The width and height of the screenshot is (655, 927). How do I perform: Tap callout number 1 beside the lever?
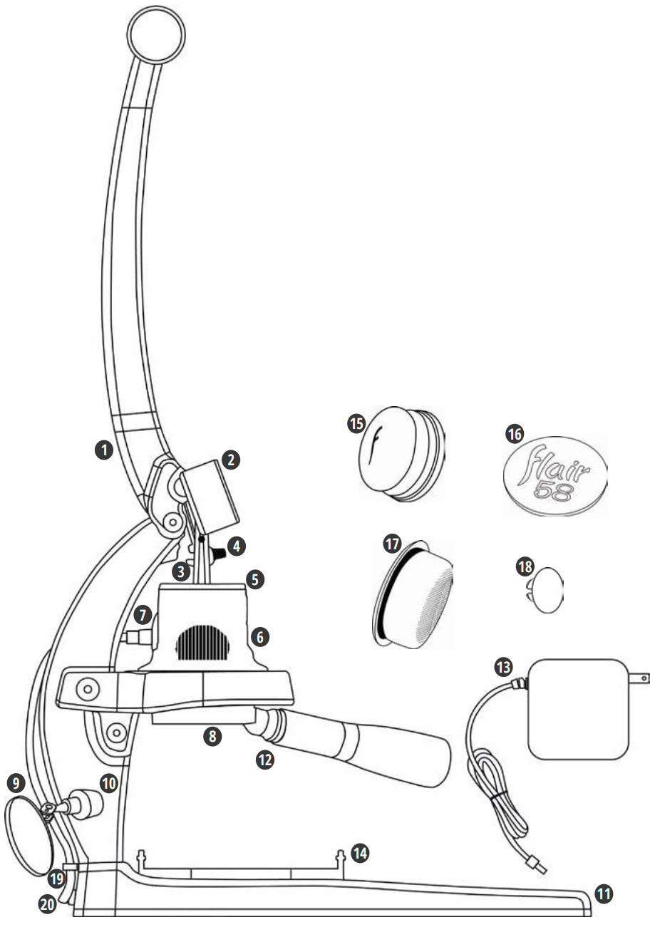click(104, 450)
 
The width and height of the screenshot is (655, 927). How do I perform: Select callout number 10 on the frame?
click(109, 782)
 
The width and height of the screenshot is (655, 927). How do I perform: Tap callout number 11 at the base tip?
click(604, 892)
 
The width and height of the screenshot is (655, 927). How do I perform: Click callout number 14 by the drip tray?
click(361, 851)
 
